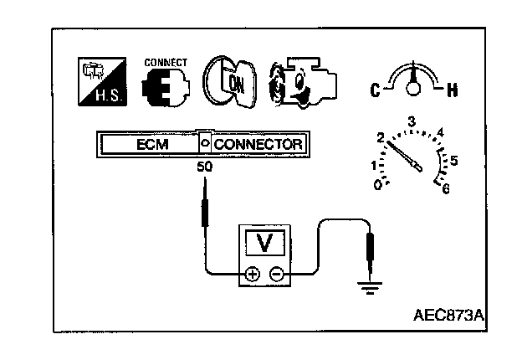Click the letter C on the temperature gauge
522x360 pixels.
tap(376, 89)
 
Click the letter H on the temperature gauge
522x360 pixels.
tap(453, 89)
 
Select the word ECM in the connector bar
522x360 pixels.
tap(152, 144)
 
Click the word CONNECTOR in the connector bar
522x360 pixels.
tap(258, 144)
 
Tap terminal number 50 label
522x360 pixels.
tap(203, 167)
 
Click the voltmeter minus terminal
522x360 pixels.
tap(278, 274)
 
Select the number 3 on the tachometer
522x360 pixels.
tap(411, 122)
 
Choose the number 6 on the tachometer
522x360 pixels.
tap(445, 189)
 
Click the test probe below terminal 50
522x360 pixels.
tap(203, 209)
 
